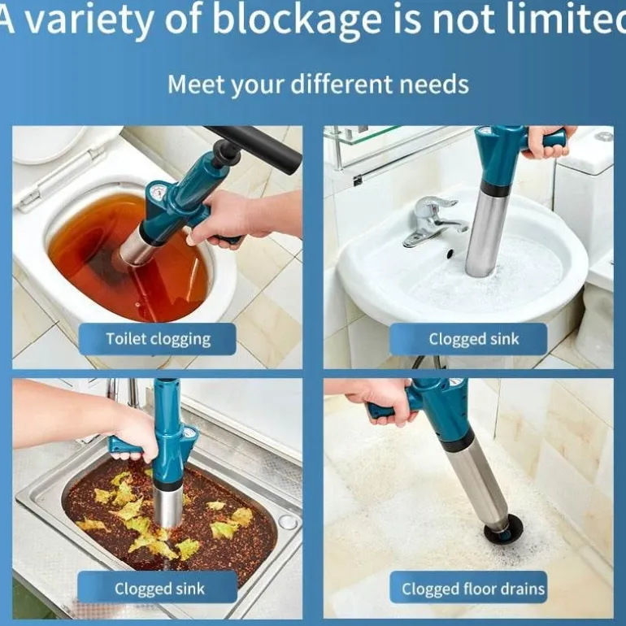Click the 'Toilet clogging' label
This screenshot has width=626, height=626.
pyautogui.click(x=157, y=339)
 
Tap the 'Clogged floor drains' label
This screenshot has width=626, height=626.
pyautogui.click(x=468, y=589)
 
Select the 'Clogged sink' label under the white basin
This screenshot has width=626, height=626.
pyautogui.click(x=468, y=339)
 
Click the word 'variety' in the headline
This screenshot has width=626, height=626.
pyautogui.click(x=89, y=20)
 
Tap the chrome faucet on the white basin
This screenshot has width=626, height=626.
pyautogui.click(x=433, y=221)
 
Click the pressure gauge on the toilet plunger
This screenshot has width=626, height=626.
pyautogui.click(x=157, y=193)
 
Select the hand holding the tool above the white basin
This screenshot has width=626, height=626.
pyautogui.click(x=547, y=143)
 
